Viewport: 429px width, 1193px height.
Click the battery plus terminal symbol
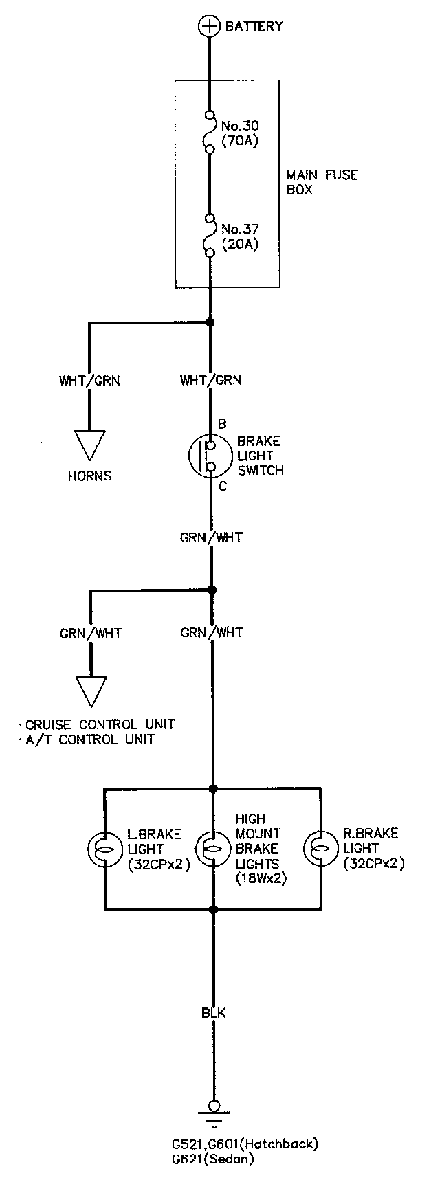tap(208, 26)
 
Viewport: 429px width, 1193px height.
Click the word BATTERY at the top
tap(254, 26)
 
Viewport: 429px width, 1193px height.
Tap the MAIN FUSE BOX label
tap(322, 182)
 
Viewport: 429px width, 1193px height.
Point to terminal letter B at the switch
tap(222, 424)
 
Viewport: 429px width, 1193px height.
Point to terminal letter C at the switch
tap(222, 487)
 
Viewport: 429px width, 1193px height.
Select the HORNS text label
tap(89, 476)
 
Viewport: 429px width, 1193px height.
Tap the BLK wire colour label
tap(213, 1013)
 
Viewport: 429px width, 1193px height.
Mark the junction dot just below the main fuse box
tap(210, 322)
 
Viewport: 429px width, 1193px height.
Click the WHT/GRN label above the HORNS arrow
tap(89, 380)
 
